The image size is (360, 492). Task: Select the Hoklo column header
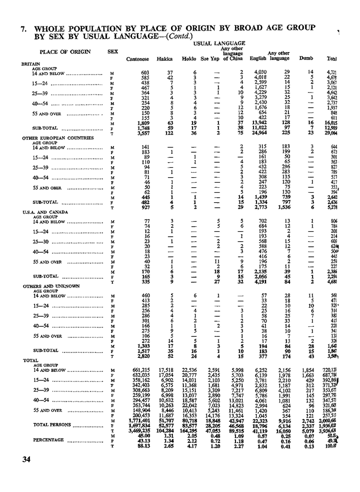(188, 59)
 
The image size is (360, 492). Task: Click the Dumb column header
(305, 59)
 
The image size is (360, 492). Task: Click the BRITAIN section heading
(30, 65)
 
